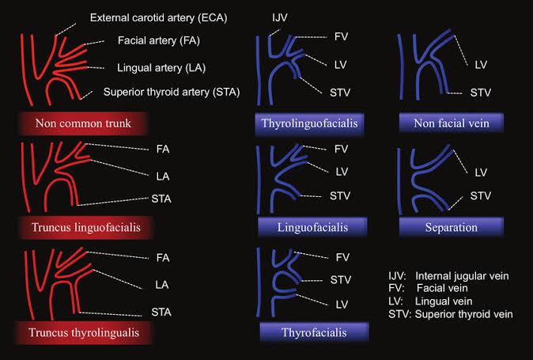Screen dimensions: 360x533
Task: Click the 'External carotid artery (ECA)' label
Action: coord(159,17)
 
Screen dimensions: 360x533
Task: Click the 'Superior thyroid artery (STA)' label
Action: coord(171,93)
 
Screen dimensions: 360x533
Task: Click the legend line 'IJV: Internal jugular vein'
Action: coord(448,275)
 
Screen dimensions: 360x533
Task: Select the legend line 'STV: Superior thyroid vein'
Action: coord(450,314)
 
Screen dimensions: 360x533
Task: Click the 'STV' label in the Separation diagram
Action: coord(480,195)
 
